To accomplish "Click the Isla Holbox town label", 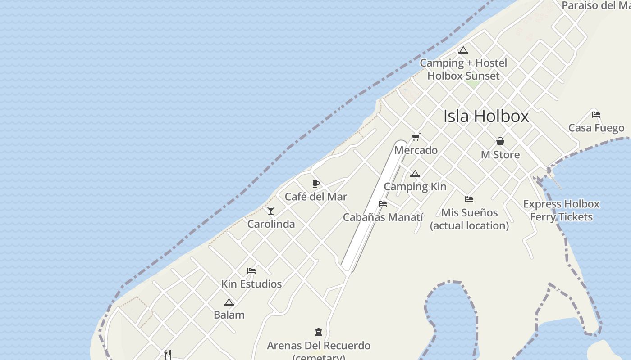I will (486, 116).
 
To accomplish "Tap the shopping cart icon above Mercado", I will (416, 137).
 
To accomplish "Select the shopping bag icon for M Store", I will (500, 141).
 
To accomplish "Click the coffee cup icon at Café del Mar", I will (316, 184).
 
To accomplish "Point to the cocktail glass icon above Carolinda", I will (271, 210).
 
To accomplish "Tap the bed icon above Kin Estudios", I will (251, 271).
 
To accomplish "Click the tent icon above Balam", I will (229, 302).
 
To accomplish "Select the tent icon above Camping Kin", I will (415, 174).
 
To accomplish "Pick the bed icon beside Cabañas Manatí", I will (383, 204).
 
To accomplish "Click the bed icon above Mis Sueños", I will (469, 199).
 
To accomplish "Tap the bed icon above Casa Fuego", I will (596, 114).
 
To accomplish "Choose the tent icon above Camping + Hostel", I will (463, 50).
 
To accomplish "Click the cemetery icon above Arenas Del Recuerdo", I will (319, 333).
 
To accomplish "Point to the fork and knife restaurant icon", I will (168, 355).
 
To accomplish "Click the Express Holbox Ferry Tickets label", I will (561, 210).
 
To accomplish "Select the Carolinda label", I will (271, 224).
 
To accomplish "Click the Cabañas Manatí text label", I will (383, 217).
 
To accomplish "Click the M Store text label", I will (500, 155).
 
